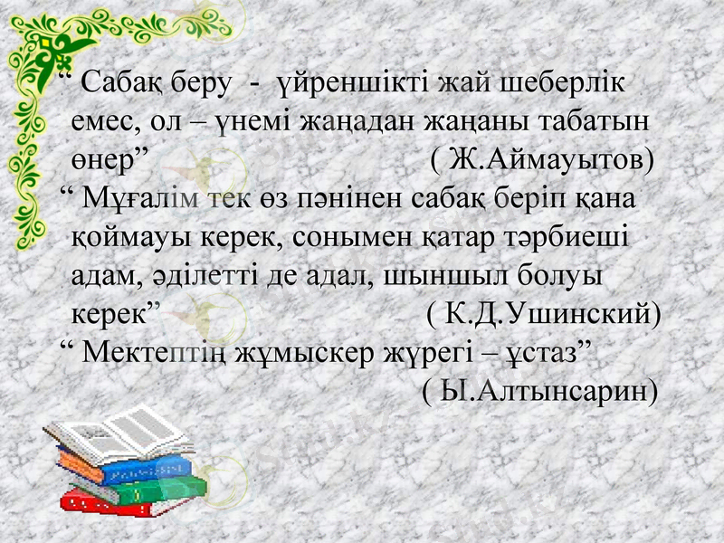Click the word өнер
pos(108,160)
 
